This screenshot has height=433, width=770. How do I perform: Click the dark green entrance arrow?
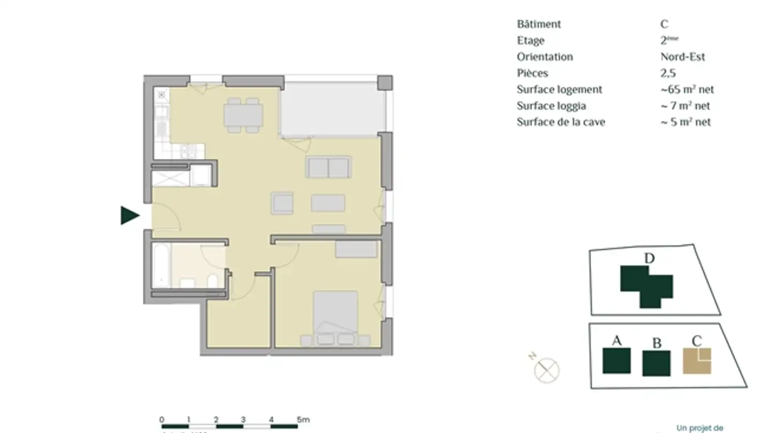tap(129, 215)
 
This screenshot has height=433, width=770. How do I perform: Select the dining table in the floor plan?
tap(243, 115)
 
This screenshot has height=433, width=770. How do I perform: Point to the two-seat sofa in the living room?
tap(328, 167)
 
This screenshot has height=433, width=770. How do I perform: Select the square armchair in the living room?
tap(282, 203)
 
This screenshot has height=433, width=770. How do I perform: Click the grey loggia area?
tap(332, 110)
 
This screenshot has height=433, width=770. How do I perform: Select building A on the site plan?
tap(617, 360)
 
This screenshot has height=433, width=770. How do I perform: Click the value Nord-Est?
tap(682, 57)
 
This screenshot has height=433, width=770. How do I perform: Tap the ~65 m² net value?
tap(687, 89)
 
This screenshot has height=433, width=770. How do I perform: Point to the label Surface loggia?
tap(551, 106)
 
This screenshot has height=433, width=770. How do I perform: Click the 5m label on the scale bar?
tap(303, 420)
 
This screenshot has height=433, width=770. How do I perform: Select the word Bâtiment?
tap(539, 24)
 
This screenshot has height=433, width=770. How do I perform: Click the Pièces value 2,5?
tap(668, 73)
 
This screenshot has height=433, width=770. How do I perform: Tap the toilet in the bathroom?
tap(212, 281)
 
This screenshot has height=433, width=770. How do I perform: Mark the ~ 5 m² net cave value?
tap(686, 122)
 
